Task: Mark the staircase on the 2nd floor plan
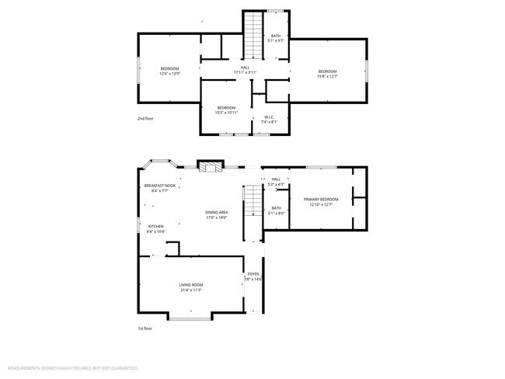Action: [254, 34]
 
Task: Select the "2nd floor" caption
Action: [145, 119]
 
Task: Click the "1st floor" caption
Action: [145, 329]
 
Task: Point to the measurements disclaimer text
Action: [73, 367]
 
